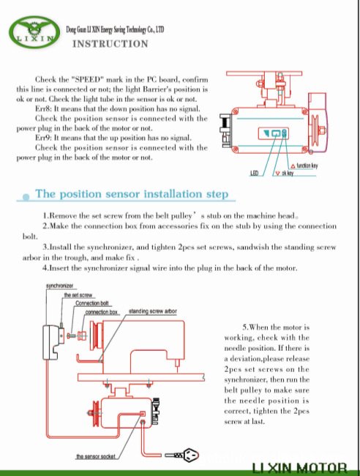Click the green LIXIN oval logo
[x=34, y=32]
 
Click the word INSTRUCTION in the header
[x=110, y=44]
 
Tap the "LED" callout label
[x=254, y=173]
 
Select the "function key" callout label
[x=307, y=166]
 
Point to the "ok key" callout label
[x=288, y=173]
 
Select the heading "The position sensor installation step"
[x=132, y=193]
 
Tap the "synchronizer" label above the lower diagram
[x=60, y=286]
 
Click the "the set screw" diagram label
[x=78, y=295]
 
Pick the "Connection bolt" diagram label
[x=92, y=303]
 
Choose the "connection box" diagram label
[x=101, y=312]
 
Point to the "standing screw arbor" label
[x=152, y=311]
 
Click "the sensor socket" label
[x=96, y=456]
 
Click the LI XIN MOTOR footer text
[x=299, y=469]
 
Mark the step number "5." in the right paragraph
[x=245, y=327]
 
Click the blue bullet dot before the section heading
[x=26, y=197]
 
